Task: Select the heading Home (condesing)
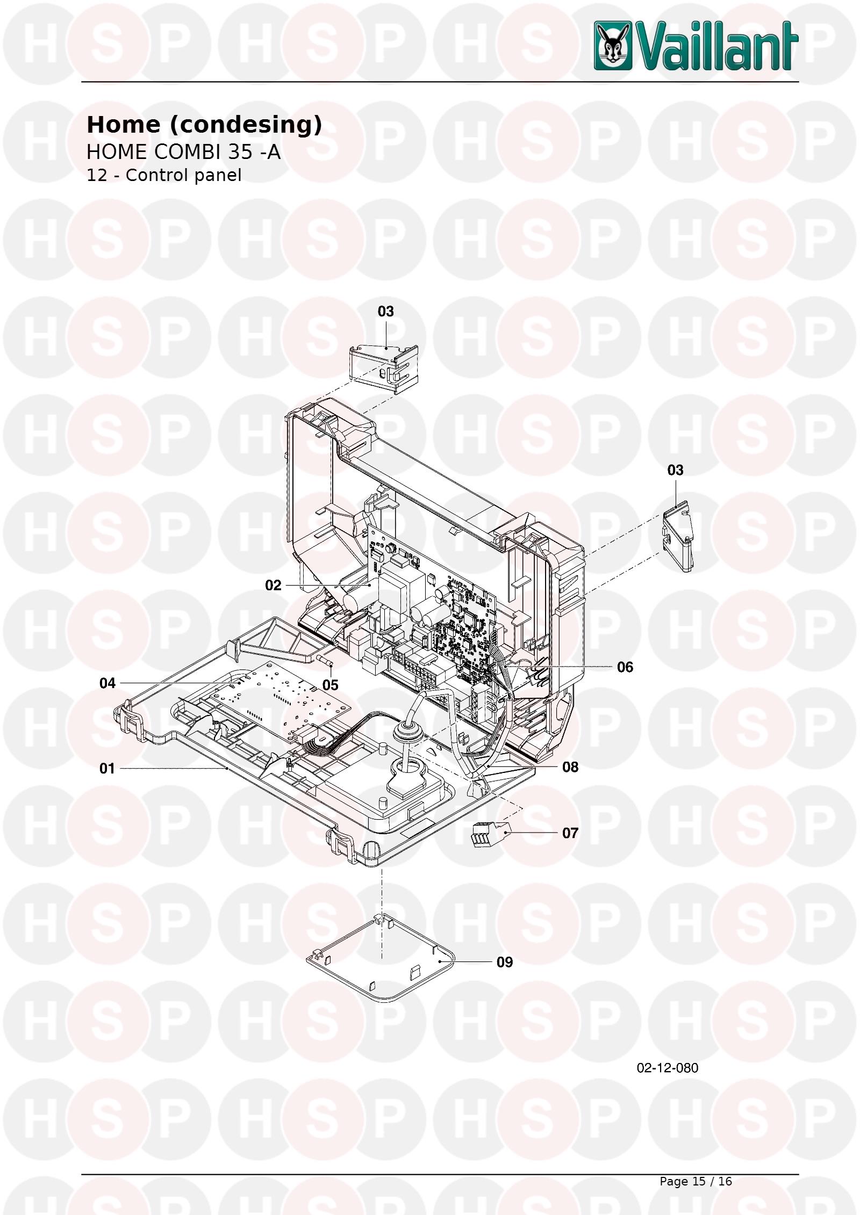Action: [x=204, y=125]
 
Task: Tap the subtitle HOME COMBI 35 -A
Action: [x=183, y=152]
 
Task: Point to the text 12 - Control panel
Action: [x=164, y=175]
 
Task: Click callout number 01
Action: [x=107, y=769]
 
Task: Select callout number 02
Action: [x=273, y=585]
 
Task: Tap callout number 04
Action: [x=107, y=683]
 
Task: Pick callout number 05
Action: [x=331, y=685]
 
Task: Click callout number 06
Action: [x=625, y=667]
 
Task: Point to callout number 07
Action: [x=570, y=833]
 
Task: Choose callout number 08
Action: [x=570, y=767]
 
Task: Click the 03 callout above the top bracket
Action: [x=386, y=312]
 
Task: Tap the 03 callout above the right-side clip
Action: [x=676, y=471]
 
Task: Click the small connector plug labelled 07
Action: [x=490, y=834]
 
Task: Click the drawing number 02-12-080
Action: [x=668, y=1068]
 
